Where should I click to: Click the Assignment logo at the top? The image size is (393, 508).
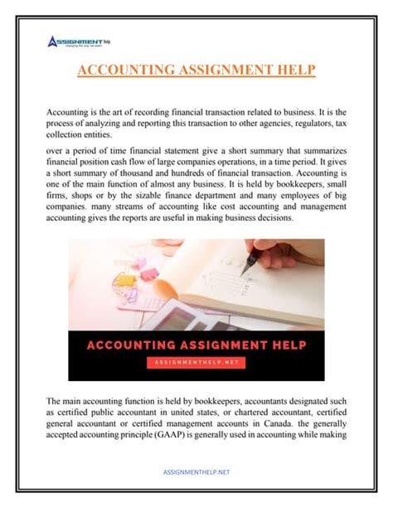pyautogui.click(x=81, y=41)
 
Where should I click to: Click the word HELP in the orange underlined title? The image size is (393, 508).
pyautogui.click(x=294, y=71)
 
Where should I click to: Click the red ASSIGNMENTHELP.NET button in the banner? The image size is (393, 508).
pyautogui.click(x=196, y=362)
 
